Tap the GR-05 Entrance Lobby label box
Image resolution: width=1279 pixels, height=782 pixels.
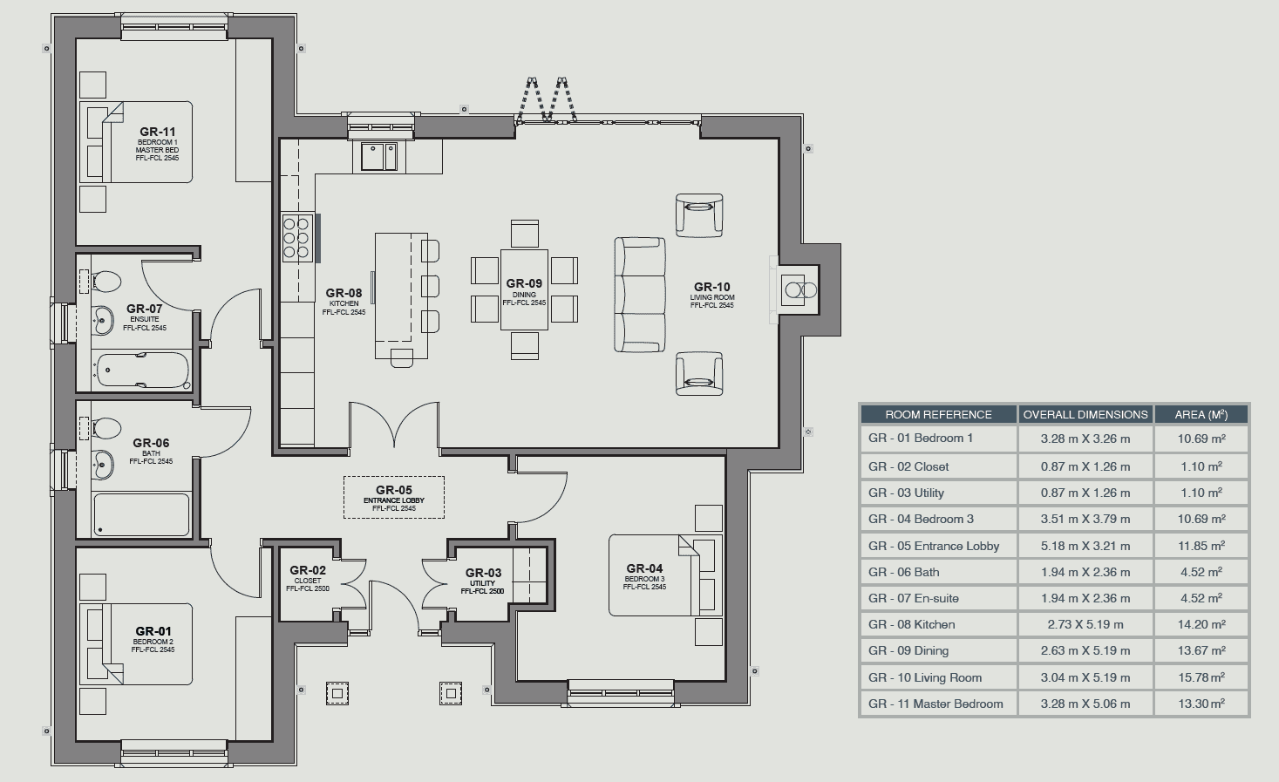coord(394,497)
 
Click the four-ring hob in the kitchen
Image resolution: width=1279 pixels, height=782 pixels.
coord(297,238)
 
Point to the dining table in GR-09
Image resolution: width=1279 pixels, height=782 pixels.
coord(524,289)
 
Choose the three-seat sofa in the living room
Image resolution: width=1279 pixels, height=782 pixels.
coord(639,295)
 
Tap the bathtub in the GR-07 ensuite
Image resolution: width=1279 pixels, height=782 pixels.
coord(142,370)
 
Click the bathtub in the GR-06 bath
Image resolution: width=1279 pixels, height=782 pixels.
coord(141,514)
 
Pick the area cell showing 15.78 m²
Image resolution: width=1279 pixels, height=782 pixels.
coord(1201,677)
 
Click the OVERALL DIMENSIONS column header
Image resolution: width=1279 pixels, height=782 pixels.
coord(1085,414)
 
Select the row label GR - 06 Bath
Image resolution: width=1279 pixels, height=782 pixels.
coord(904,572)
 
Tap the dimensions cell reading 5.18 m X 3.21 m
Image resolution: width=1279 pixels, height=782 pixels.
coord(1085,546)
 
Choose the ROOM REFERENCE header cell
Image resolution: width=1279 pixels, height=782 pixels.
coord(938,414)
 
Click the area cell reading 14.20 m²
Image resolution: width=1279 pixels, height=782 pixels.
coord(1201,624)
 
